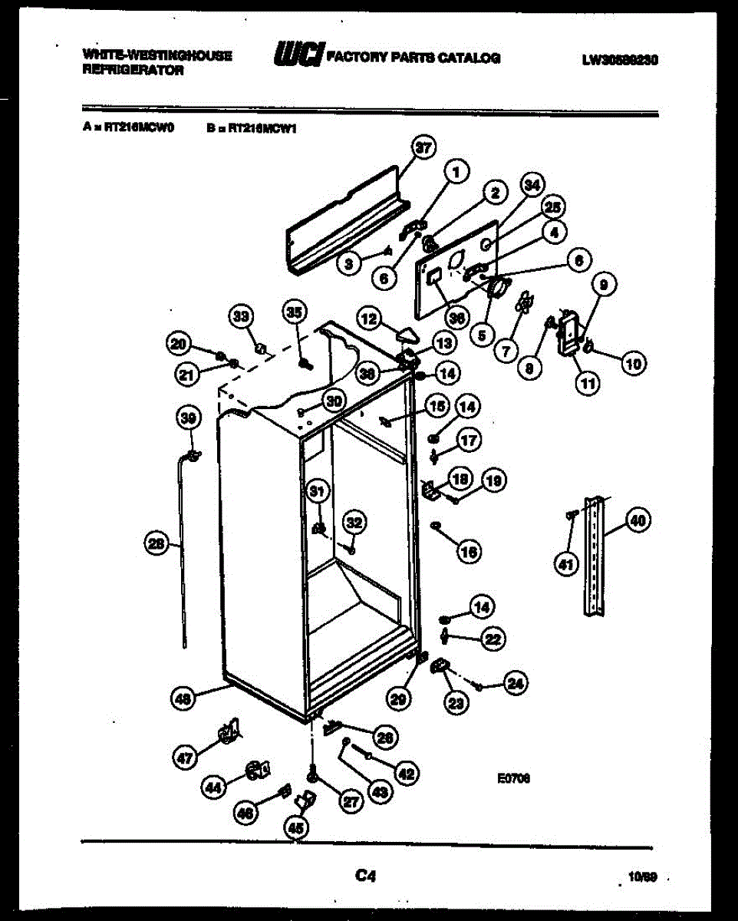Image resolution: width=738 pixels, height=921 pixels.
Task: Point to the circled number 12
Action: pyautogui.click(x=370, y=317)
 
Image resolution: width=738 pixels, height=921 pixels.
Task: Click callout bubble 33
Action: pyautogui.click(x=242, y=316)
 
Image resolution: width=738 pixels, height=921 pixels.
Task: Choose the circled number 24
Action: pyautogui.click(x=516, y=685)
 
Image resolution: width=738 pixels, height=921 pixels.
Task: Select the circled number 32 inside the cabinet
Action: pyautogui.click(x=353, y=523)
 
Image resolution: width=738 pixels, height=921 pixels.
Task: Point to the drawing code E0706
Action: pyautogui.click(x=514, y=777)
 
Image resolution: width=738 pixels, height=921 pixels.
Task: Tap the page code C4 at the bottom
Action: pyautogui.click(x=368, y=874)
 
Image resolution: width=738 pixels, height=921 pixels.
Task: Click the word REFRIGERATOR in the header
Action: pyautogui.click(x=132, y=70)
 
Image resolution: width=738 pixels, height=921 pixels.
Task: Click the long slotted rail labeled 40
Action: pyautogui.click(x=595, y=556)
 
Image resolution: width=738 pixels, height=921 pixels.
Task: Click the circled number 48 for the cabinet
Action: pyautogui.click(x=183, y=698)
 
